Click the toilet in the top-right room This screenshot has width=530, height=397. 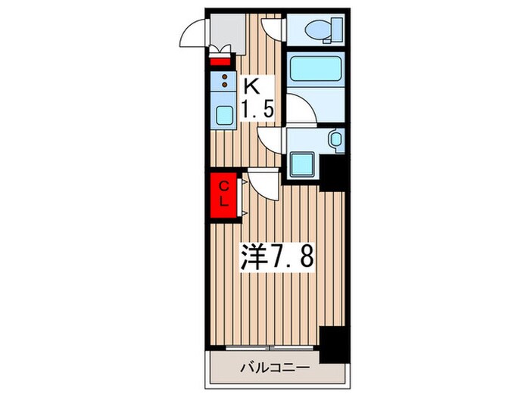click(322, 31)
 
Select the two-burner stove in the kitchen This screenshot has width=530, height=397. click(226, 82)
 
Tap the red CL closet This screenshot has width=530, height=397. click(225, 195)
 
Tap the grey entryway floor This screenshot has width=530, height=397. click(227, 30)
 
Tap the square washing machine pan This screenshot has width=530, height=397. click(304, 163)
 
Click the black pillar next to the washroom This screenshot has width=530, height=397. click(332, 171)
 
